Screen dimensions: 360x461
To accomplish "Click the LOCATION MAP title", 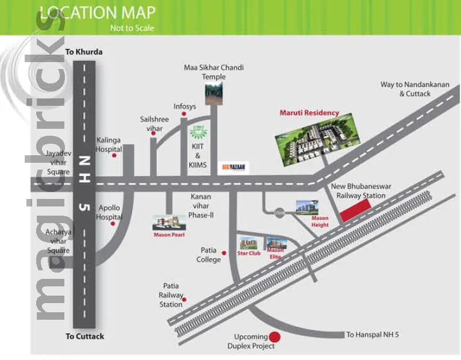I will coord(97,13).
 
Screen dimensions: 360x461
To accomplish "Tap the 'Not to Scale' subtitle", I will coord(132,28).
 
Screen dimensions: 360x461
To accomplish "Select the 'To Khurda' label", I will coord(84,52).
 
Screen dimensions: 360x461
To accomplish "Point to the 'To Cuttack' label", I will coord(84,336).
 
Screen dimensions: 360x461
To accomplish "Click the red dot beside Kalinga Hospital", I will coord(114,155).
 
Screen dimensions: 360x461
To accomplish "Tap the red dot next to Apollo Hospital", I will coord(113,224).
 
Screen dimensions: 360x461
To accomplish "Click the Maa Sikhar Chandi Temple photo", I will coord(213,94).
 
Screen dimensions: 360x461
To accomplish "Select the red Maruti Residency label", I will coord(309,113).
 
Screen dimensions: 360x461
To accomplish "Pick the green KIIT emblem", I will coord(198,132).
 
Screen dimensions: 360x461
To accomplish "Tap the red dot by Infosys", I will coord(183,114).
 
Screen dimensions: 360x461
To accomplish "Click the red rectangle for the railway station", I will coord(355,212).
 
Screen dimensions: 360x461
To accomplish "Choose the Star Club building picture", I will coord(248,243).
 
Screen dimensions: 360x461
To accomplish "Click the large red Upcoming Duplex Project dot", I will coord(275,337).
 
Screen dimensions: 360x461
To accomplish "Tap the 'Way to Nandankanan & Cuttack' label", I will coord(414,89).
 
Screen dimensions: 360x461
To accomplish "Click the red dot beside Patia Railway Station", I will coord(184,299).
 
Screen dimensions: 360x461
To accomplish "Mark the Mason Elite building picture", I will coord(275,244).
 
